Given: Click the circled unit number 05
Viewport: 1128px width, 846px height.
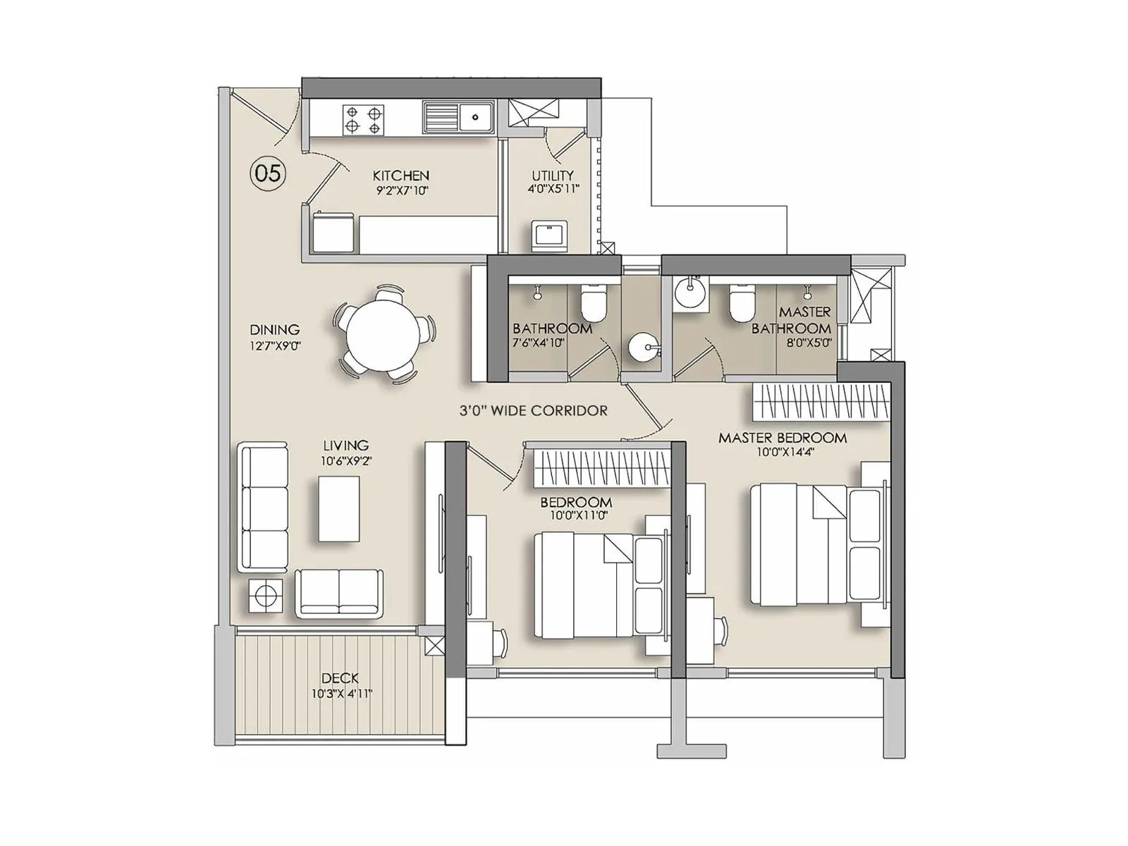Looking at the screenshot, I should coord(268,173).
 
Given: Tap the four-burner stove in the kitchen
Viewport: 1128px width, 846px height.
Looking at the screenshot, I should coord(364,119).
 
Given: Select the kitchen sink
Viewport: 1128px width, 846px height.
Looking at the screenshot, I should coord(459,116).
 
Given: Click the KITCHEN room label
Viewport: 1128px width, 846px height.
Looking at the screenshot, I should coord(400,176).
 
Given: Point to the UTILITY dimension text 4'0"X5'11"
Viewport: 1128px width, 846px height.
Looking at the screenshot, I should coord(553,189).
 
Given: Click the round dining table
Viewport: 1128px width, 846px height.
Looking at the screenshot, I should coord(385,334).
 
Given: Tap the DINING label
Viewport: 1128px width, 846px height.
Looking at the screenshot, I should coord(275,329).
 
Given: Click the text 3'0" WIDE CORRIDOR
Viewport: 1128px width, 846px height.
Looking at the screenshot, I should coord(533,410).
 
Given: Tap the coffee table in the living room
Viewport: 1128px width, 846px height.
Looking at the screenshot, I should coord(338,508).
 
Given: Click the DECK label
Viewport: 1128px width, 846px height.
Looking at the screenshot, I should coord(340,678).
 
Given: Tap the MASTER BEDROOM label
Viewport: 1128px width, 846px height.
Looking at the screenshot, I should coord(782,438).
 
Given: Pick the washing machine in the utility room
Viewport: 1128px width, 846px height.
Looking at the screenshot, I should coord(549,235).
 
